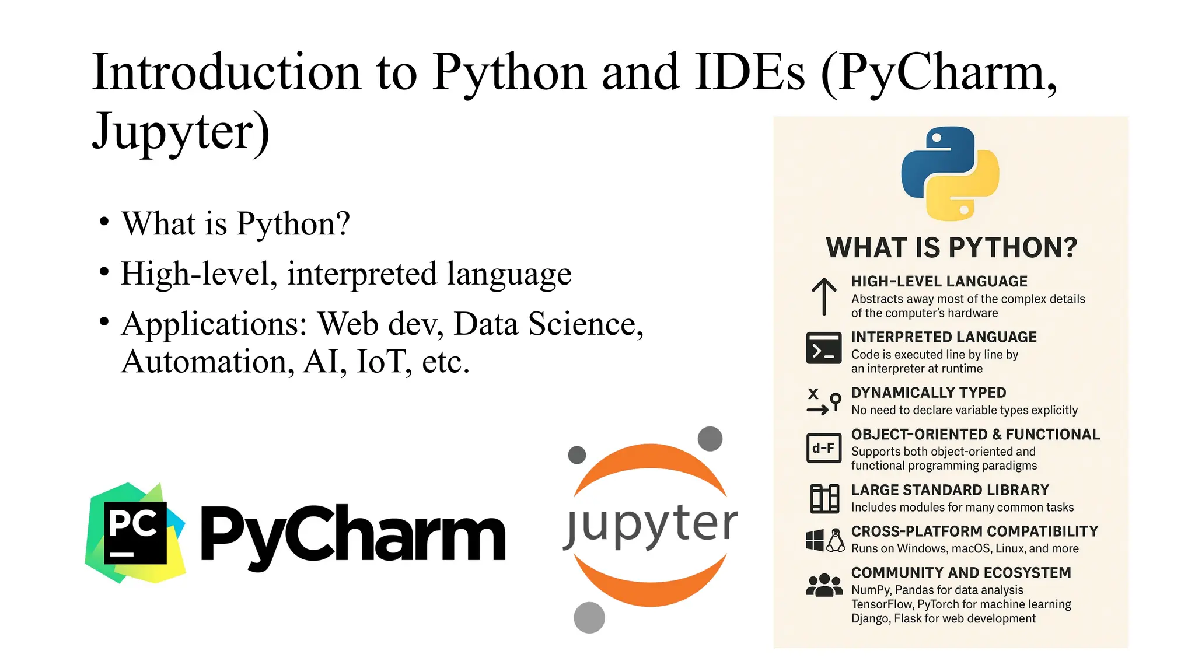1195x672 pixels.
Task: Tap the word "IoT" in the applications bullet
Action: [381, 362]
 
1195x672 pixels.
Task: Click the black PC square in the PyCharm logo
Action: [135, 533]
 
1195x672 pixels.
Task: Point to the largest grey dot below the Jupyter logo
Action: [589, 617]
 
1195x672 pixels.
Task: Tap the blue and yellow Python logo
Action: [951, 173]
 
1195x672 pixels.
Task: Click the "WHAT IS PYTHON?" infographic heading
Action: [951, 248]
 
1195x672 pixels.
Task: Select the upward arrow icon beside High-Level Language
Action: [824, 296]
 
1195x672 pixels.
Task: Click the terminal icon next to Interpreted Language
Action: [824, 348]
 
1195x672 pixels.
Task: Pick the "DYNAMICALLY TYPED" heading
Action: [928, 393]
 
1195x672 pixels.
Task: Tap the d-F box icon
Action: [824, 448]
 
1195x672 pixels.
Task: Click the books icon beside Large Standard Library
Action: [824, 499]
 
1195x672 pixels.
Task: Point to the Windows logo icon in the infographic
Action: [815, 540]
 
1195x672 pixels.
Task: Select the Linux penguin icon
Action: [836, 540]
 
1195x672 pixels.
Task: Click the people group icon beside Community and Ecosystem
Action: [824, 585]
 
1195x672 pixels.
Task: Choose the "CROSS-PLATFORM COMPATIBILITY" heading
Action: [974, 531]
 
